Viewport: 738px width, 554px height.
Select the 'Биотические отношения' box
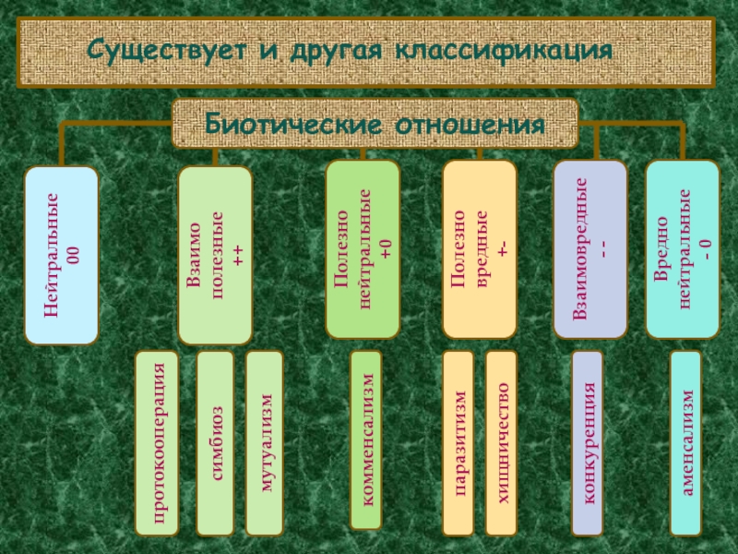click(375, 124)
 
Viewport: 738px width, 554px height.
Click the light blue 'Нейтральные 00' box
click(61, 256)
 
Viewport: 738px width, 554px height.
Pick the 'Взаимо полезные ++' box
click(215, 256)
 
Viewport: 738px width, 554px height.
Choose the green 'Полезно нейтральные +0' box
click(363, 249)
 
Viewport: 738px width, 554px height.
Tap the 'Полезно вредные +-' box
click(479, 249)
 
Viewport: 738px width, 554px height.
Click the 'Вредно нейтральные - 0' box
click(683, 249)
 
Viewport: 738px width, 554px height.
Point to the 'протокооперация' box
click(161, 443)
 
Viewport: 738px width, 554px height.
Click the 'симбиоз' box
click(215, 443)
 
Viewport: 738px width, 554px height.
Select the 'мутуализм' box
click(265, 443)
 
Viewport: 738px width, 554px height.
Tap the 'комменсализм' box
click(365, 440)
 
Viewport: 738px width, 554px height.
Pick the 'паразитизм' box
click(458, 443)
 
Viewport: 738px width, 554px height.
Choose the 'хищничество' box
click(501, 443)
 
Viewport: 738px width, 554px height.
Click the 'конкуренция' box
click(588, 443)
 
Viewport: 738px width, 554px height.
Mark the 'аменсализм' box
click(685, 443)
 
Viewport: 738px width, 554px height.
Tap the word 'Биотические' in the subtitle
click(295, 124)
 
